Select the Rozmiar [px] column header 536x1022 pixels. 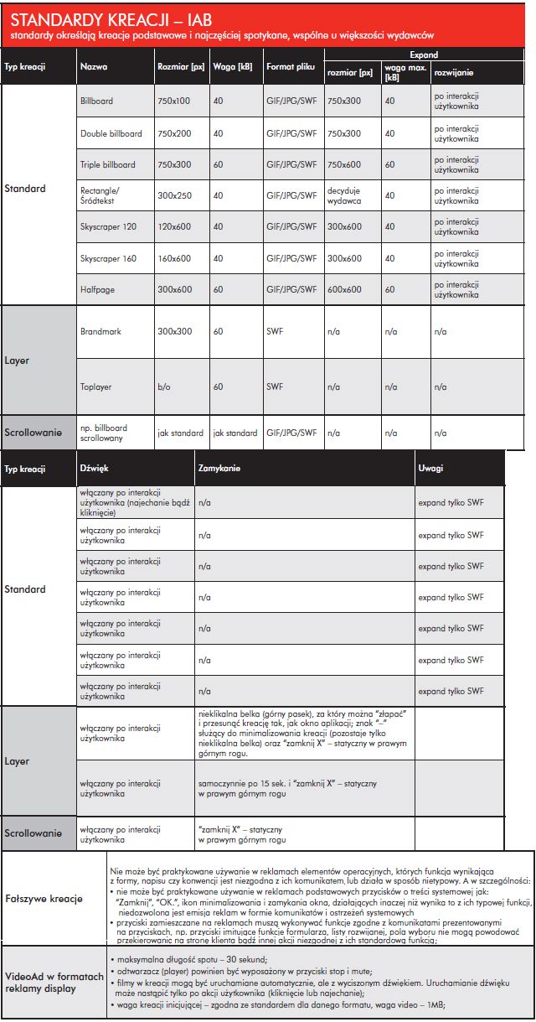coord(181,66)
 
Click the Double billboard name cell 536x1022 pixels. coord(111,133)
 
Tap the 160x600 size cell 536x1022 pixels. coord(175,258)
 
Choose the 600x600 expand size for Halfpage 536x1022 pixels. coord(344,289)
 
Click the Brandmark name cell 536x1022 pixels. coord(101,332)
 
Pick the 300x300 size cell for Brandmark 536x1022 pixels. coord(175,332)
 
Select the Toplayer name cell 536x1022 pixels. coord(96,387)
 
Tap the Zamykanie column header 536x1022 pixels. coord(219,468)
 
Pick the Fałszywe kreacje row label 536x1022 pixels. coord(44,899)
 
